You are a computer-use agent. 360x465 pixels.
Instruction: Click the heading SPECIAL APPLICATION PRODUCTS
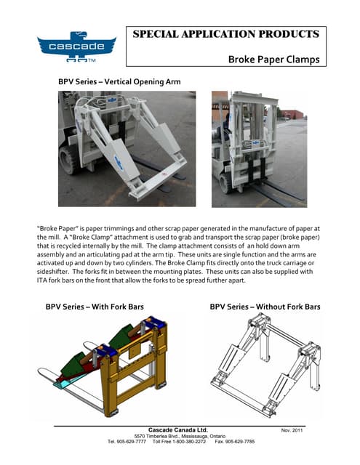pyautogui.click(x=225, y=34)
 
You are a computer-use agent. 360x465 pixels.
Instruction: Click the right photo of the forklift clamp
pyautogui.click(x=259, y=148)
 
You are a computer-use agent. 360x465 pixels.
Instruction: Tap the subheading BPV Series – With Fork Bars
pyautogui.click(x=94, y=307)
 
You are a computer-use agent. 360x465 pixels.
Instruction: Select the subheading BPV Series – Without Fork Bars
pyautogui.click(x=265, y=307)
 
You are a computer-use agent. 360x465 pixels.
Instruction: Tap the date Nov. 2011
pyautogui.click(x=295, y=431)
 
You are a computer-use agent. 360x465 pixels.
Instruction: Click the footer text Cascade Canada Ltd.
pyautogui.click(x=179, y=429)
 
